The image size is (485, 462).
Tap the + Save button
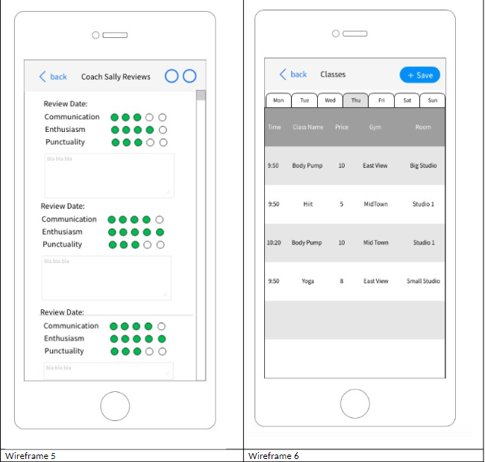(x=420, y=75)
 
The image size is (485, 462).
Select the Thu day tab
(x=355, y=101)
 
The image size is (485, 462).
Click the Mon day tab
(x=278, y=101)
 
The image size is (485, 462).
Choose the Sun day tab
(x=432, y=101)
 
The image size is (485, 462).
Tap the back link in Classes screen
(x=293, y=75)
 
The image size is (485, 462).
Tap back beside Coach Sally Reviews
(x=53, y=77)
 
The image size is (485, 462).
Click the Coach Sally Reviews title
(x=116, y=77)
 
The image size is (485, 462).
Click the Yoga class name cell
(x=307, y=281)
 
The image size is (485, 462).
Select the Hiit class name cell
(x=307, y=203)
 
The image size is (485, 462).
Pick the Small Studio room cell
(x=423, y=281)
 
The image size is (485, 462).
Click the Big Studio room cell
(x=423, y=165)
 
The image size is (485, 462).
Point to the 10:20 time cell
(x=274, y=242)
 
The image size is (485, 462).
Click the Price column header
(x=342, y=127)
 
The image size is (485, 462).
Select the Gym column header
(x=375, y=127)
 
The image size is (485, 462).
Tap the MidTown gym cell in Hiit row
(x=375, y=203)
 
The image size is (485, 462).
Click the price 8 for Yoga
(x=342, y=281)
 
